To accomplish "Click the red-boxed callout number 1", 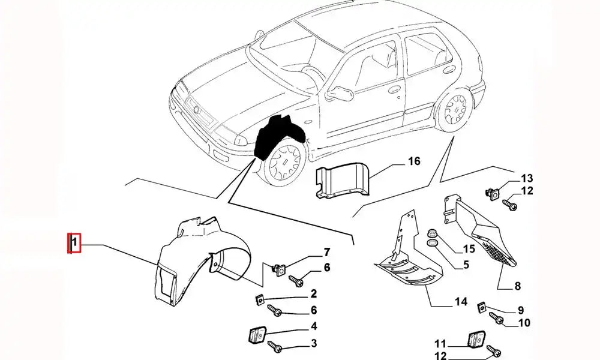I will click(x=73, y=243).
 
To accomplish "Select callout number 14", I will click(x=461, y=301).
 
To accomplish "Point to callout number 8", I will click(x=517, y=286).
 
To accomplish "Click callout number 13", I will click(x=526, y=178).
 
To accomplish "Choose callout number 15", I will click(x=469, y=248).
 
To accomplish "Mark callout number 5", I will click(x=466, y=263).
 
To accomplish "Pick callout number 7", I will click(x=327, y=251).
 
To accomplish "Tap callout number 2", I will click(x=313, y=293).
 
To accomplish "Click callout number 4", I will click(x=313, y=327).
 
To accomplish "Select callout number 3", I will click(x=313, y=343).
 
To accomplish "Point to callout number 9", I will click(x=520, y=310).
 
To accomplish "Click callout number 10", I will click(x=524, y=323).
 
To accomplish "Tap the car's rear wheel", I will click(x=454, y=109).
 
